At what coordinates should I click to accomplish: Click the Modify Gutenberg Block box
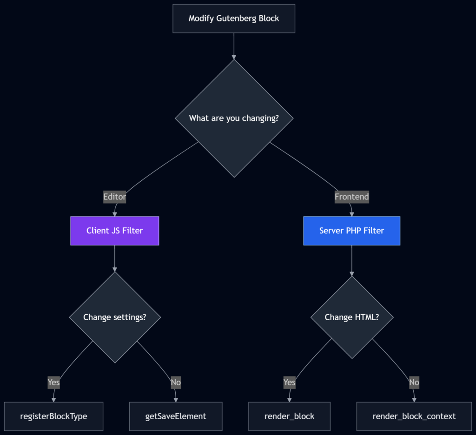click(x=233, y=19)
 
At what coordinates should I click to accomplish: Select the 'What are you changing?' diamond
click(x=234, y=118)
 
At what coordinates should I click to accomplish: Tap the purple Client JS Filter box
click(x=114, y=231)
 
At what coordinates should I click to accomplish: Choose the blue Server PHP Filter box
click(x=351, y=231)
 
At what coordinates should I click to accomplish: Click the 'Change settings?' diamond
click(x=114, y=317)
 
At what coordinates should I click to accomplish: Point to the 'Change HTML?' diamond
click(x=351, y=317)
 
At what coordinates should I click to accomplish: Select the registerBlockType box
click(x=53, y=416)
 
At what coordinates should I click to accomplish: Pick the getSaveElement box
click(x=175, y=416)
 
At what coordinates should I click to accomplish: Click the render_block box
click(x=289, y=416)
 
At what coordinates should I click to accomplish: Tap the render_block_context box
click(x=414, y=416)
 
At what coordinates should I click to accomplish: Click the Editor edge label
click(x=114, y=197)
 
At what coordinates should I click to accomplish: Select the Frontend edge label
click(x=351, y=197)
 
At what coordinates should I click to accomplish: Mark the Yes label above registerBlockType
click(x=53, y=382)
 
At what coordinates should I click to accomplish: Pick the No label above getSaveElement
click(x=175, y=382)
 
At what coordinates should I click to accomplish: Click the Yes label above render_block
click(x=289, y=382)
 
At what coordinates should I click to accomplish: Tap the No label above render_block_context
click(x=414, y=382)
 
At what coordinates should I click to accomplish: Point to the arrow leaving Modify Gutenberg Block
click(x=233, y=46)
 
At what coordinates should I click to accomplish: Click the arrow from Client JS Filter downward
click(x=114, y=258)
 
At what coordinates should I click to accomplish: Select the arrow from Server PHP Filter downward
click(x=351, y=261)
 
